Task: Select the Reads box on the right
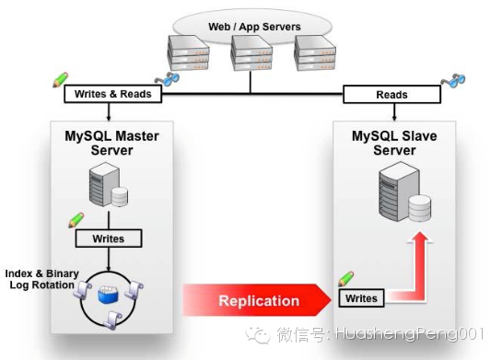[x=391, y=94]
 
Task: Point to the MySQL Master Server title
[x=111, y=143]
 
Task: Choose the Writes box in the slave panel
[x=361, y=297]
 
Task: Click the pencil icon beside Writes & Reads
[x=60, y=77]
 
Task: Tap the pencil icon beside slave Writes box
[x=345, y=278]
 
